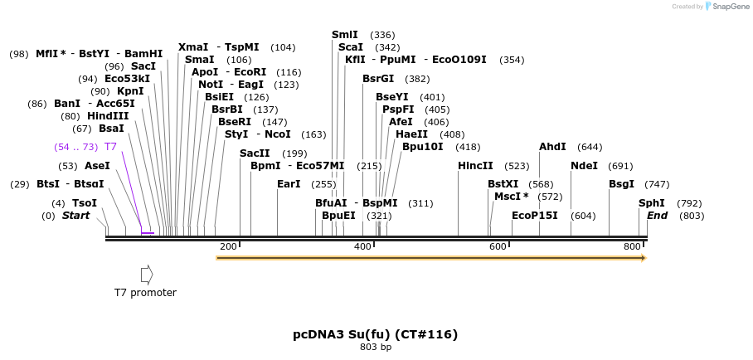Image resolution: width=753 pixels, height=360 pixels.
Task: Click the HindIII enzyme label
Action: tap(108, 116)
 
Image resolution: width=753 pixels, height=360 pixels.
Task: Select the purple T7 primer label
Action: tap(110, 147)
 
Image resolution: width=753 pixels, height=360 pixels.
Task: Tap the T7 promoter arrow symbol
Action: tap(147, 275)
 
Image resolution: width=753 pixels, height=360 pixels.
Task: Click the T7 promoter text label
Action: tap(145, 293)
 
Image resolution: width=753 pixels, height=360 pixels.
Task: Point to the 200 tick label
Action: tap(228, 246)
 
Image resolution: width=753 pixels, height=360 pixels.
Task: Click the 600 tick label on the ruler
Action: tap(498, 246)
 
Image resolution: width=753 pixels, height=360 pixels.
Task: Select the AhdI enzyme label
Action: tap(552, 147)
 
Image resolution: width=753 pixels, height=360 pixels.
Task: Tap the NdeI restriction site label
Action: tap(584, 166)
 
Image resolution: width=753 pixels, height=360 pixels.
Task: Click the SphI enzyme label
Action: tap(651, 203)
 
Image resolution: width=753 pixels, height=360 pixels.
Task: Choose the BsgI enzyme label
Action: tap(621, 184)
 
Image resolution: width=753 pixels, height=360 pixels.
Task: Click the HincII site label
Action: tap(475, 166)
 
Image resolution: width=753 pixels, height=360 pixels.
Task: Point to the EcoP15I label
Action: tap(535, 216)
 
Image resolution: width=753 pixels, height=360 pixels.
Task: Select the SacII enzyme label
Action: tap(255, 153)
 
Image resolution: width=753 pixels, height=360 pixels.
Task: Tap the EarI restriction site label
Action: tap(289, 184)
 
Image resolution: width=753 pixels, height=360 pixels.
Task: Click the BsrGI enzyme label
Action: tap(379, 79)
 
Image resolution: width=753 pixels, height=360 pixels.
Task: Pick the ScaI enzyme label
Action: tap(351, 47)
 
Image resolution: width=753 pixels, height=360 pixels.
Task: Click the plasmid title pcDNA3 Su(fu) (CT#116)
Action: tap(375, 334)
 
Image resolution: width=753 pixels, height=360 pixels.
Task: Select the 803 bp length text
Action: tap(375, 348)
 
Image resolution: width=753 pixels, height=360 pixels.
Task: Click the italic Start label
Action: tap(76, 216)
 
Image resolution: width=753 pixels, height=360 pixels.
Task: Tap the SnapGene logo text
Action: tap(730, 7)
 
